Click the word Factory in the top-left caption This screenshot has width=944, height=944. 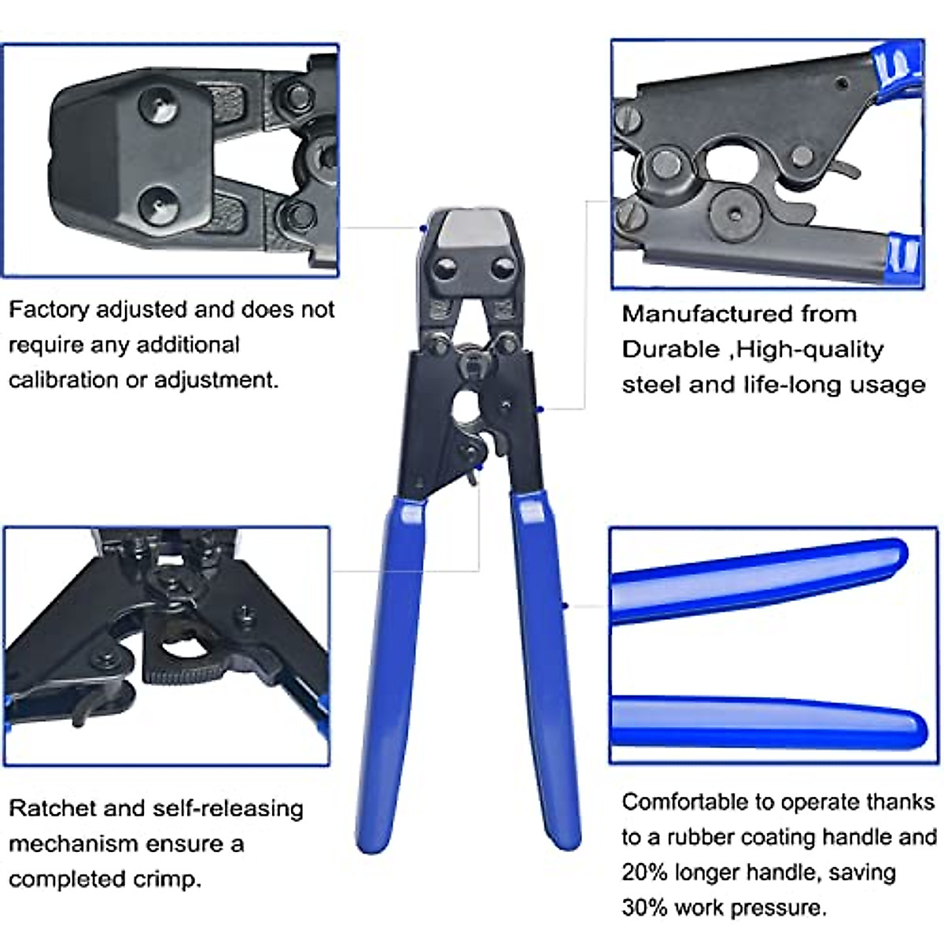(48, 310)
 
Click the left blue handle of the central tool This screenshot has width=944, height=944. (391, 669)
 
